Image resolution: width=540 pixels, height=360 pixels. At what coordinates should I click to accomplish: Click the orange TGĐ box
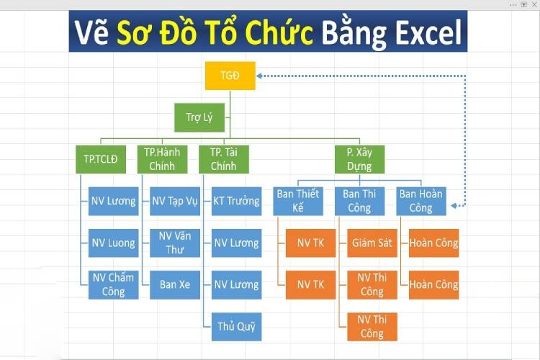click(x=230, y=76)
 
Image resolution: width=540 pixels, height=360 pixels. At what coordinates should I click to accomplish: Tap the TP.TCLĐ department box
click(x=101, y=159)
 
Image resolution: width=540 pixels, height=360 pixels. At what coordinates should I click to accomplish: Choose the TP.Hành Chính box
click(x=162, y=159)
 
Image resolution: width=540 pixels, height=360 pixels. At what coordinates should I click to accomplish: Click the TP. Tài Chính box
click(x=224, y=159)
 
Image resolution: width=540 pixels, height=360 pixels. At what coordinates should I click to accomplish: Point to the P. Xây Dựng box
click(x=359, y=159)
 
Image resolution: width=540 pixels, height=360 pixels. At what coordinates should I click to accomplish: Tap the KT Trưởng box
click(x=236, y=202)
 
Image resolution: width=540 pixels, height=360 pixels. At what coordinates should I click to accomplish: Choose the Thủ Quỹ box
click(x=236, y=326)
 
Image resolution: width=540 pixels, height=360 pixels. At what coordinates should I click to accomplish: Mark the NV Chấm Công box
click(x=113, y=284)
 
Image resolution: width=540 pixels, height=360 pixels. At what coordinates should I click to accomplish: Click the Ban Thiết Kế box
click(x=297, y=201)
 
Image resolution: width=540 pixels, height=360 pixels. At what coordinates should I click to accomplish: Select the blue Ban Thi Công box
click(x=359, y=201)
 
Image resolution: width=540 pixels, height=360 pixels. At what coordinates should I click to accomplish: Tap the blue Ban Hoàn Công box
click(x=421, y=201)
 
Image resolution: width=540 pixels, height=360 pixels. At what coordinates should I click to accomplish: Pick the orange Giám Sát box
click(x=372, y=243)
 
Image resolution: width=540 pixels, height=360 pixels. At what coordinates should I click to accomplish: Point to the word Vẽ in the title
click(x=94, y=33)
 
